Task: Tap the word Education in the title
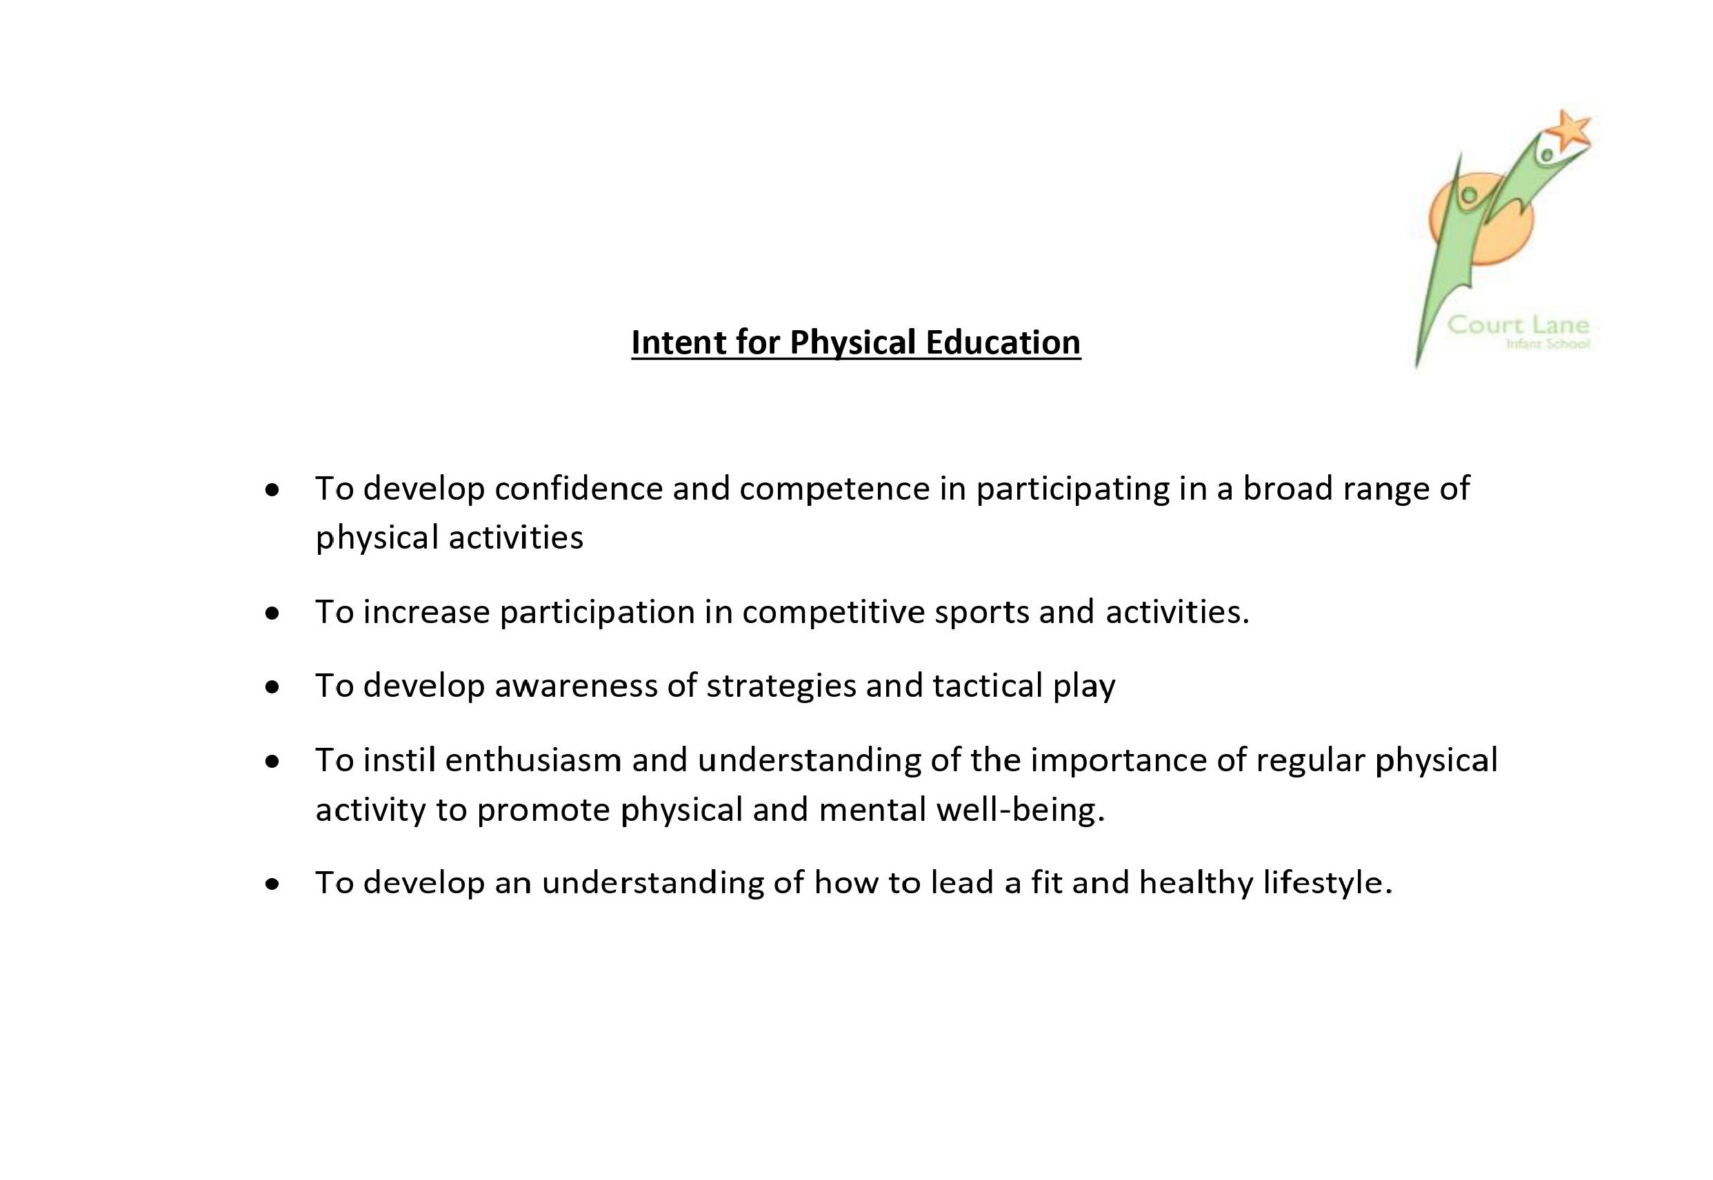tap(1002, 343)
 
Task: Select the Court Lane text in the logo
tap(1518, 325)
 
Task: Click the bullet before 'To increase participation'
tap(273, 613)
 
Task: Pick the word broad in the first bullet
tap(1288, 489)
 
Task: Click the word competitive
tap(834, 613)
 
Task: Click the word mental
tap(872, 811)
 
